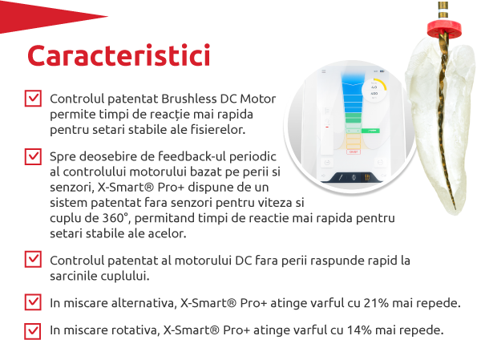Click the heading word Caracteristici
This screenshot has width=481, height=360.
(119, 56)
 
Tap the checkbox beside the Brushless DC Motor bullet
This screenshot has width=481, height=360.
(34, 99)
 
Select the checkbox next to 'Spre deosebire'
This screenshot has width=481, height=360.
(34, 156)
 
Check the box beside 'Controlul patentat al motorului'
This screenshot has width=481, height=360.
(34, 259)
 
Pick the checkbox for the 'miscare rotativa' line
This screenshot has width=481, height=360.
(34, 330)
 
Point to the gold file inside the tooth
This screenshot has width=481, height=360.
(440, 104)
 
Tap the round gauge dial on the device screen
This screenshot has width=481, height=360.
(374, 91)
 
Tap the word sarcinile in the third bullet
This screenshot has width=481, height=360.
(75, 276)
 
